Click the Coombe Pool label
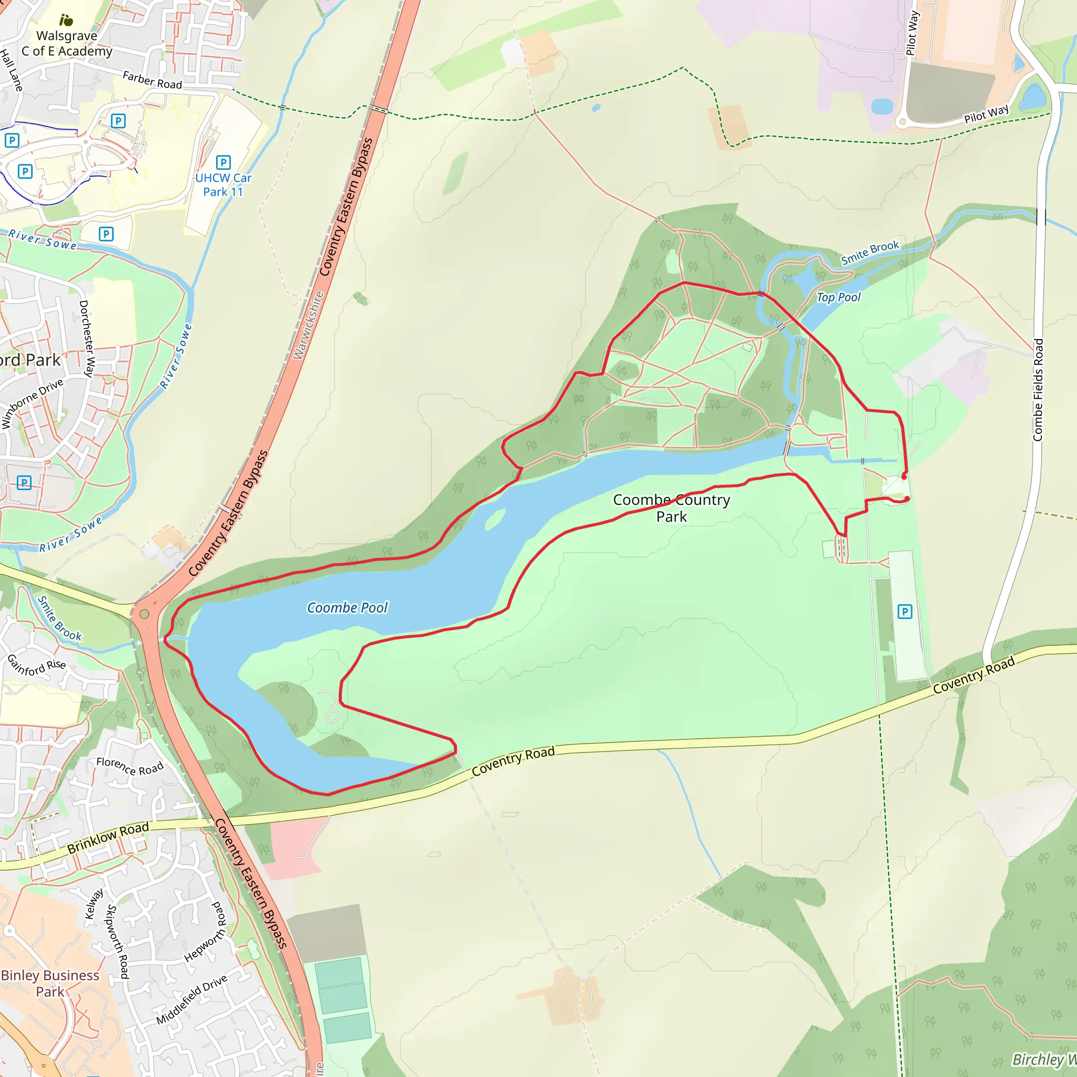pyautogui.click(x=347, y=607)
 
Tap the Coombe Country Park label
pyautogui.click(x=671, y=508)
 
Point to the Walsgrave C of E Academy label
pyautogui.click(x=67, y=44)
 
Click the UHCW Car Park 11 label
pyautogui.click(x=223, y=185)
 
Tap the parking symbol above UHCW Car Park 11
pyautogui.click(x=223, y=162)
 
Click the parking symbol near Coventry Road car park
pyautogui.click(x=905, y=612)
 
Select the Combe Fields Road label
pyautogui.click(x=1038, y=390)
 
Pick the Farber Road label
pyautogui.click(x=152, y=80)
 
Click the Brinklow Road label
pyautogui.click(x=108, y=837)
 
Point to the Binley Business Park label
pyautogui.click(x=50, y=983)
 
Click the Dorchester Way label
pyautogui.click(x=87, y=339)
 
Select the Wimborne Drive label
pyautogui.click(x=32, y=403)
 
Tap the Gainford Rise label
pyautogui.click(x=37, y=665)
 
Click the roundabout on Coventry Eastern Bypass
pyautogui.click(x=145, y=614)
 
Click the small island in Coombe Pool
pyautogui.click(x=494, y=519)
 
